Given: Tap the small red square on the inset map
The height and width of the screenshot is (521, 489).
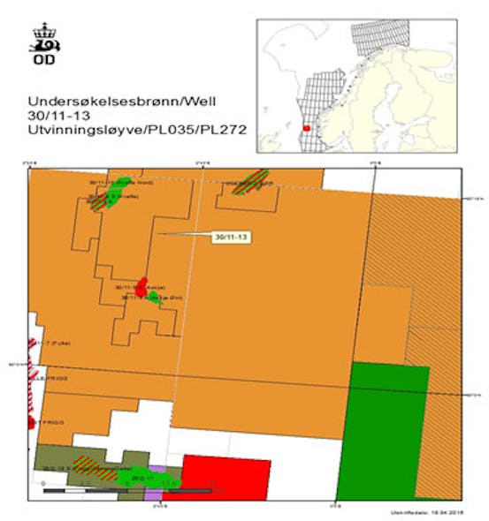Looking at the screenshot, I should pyautogui.click(x=307, y=127).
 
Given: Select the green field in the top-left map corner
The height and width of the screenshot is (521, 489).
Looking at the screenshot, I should pyautogui.click(x=113, y=196).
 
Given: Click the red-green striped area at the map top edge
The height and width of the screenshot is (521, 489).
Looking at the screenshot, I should pyautogui.click(x=248, y=182).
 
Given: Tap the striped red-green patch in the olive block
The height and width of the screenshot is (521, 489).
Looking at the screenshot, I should pyautogui.click(x=87, y=462).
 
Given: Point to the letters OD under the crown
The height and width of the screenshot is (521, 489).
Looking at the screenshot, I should pyautogui.click(x=42, y=61).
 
